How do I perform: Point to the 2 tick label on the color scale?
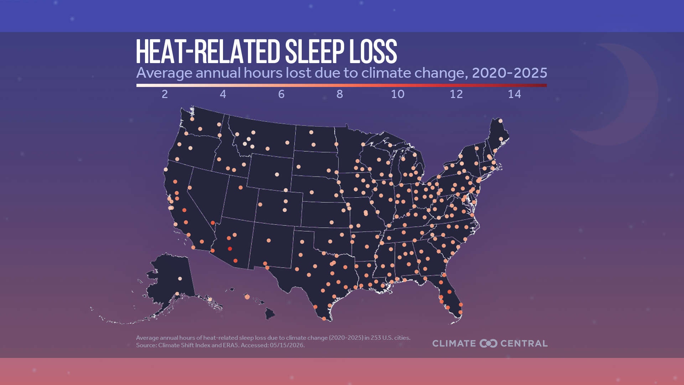pos(165,94)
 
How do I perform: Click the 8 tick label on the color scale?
pos(340,94)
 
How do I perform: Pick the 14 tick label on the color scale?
pos(514,94)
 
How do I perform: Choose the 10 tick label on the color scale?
pos(398,94)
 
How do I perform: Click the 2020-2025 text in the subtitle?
pos(509,73)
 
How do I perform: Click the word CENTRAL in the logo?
pos(524,343)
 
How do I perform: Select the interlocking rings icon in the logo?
pos(488,343)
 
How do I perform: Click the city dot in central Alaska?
pos(180,279)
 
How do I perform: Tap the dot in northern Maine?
pos(501,121)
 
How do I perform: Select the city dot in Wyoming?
pos(277,175)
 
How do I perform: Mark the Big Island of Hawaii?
pos(270,314)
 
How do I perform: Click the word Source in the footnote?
pos(146,345)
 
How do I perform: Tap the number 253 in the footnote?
pos(376,338)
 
